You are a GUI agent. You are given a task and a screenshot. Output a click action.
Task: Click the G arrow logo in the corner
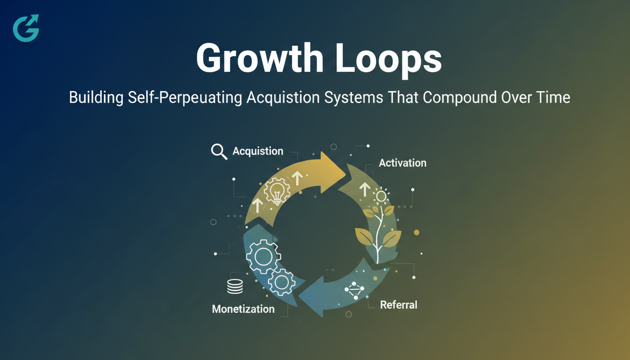(26, 28)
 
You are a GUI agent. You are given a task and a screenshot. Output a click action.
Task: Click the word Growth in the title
(260, 59)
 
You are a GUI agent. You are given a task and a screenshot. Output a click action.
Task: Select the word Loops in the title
(389, 60)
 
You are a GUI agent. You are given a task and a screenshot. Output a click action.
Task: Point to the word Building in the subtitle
(96, 97)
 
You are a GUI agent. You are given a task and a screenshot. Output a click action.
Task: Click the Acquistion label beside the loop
(258, 151)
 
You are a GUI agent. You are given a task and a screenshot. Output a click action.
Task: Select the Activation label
(403, 163)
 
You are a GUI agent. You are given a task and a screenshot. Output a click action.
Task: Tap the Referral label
(398, 305)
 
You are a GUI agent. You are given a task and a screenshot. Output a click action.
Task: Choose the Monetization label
(243, 309)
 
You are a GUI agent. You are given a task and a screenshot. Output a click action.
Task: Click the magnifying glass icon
(219, 151)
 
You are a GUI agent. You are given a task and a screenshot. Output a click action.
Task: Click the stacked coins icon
(235, 286)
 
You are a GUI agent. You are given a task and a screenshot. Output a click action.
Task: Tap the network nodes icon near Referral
(354, 291)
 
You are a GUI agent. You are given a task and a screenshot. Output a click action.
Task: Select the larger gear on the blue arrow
(263, 256)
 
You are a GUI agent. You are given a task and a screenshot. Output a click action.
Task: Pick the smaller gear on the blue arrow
(282, 282)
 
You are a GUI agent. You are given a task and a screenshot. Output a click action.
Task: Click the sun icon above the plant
(382, 195)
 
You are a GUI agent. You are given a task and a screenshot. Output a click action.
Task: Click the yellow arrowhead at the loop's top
(331, 172)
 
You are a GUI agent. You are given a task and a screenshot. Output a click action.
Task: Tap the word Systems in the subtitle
(353, 97)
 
